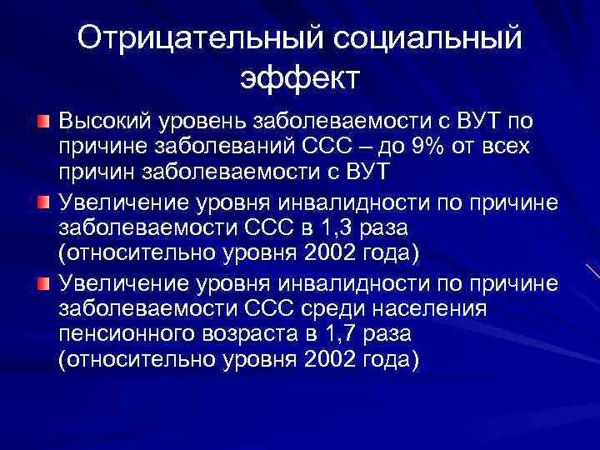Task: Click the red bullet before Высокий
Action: point(42,122)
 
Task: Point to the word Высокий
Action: point(98,122)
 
